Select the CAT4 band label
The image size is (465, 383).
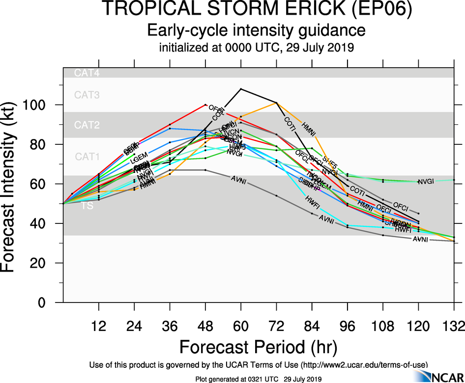click(x=87, y=73)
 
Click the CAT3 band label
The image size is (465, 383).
click(x=87, y=95)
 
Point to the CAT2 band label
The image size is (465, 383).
click(x=87, y=125)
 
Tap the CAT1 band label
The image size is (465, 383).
click(x=87, y=157)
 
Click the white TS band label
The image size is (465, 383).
click(x=87, y=206)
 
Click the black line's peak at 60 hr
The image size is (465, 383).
click(x=241, y=89)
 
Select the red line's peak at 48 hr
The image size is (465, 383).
click(x=205, y=105)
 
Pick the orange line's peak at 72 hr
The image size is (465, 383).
click(x=276, y=103)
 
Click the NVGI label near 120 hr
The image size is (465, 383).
click(x=426, y=182)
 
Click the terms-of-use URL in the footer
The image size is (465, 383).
click(x=364, y=364)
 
